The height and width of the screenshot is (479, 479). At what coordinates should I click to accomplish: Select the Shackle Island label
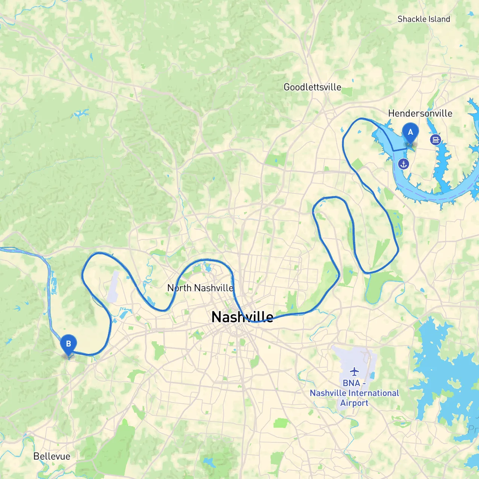[x=424, y=19]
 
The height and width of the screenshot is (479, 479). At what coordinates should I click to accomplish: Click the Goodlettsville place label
[x=312, y=87]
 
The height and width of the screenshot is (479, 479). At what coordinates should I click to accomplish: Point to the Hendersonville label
[x=420, y=113]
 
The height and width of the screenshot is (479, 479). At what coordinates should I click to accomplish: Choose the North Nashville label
[x=200, y=288]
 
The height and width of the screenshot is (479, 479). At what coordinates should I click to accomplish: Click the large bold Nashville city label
[x=242, y=317]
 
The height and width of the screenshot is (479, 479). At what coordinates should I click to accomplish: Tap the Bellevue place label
[x=52, y=456]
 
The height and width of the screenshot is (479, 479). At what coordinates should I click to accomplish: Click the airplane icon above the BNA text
[x=354, y=371]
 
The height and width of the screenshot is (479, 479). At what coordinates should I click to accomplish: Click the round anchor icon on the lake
[x=403, y=164]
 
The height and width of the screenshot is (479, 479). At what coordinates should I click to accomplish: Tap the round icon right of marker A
[x=435, y=140]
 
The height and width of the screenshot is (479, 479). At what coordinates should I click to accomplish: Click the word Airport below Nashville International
[x=354, y=403]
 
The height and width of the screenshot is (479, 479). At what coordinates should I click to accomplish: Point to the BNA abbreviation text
[x=351, y=383]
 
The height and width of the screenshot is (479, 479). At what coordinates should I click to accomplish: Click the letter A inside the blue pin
[x=410, y=132]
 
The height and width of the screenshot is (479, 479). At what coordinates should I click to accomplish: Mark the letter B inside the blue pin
[x=68, y=344]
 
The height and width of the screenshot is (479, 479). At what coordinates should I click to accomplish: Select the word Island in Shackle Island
[x=439, y=19]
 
